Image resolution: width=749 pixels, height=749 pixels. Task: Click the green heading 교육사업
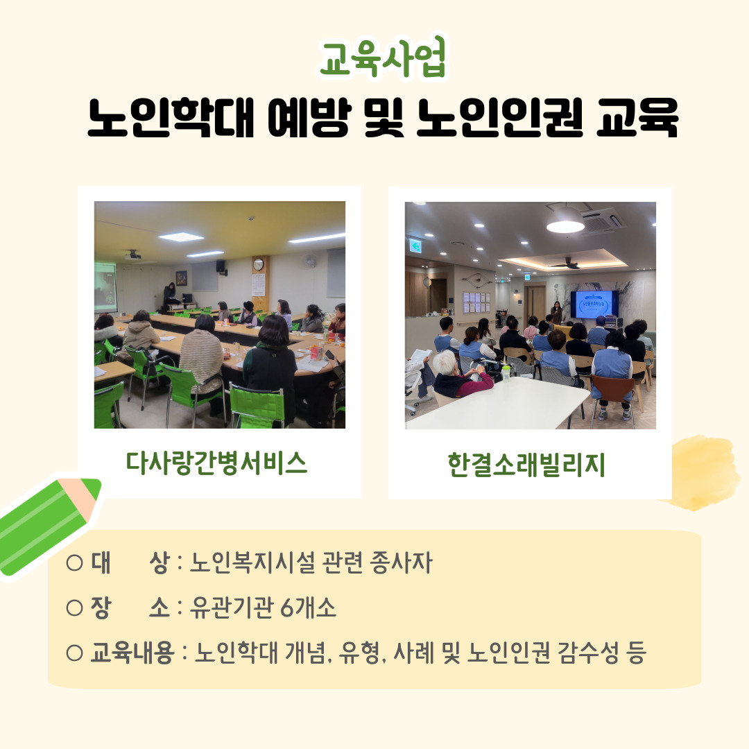(383, 58)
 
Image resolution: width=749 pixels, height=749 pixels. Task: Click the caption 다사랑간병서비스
(216, 463)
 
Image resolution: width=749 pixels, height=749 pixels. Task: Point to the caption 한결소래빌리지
(526, 464)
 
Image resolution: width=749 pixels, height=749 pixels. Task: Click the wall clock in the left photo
(259, 264)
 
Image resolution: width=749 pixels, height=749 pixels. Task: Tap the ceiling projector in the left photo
(133, 255)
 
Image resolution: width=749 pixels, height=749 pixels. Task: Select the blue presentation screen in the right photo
(594, 304)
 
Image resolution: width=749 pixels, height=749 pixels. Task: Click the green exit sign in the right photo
(415, 246)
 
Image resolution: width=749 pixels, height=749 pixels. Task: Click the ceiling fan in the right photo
(565, 264)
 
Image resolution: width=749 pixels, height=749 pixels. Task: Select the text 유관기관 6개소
(263, 608)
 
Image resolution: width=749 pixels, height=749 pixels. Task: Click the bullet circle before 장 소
(74, 608)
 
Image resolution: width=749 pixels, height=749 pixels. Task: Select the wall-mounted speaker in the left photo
(221, 266)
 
